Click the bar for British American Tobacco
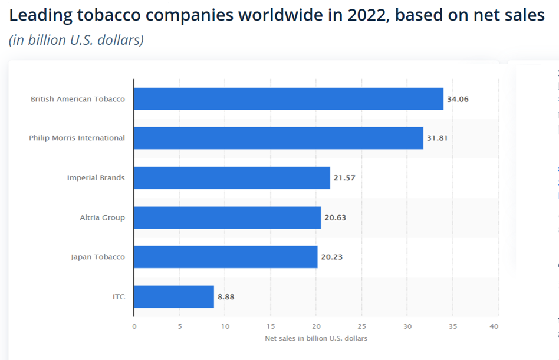[288, 99]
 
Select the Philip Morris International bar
[278, 138]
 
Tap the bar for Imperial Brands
[232, 177]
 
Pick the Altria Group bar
[227, 217]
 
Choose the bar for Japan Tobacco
[225, 257]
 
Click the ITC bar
[174, 296]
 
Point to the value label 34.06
[458, 99]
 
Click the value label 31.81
[438, 138]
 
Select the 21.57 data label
[344, 178]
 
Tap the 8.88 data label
[226, 297]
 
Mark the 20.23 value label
[332, 257]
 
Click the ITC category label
[119, 297]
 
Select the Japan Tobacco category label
[98, 257]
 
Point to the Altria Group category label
[103, 217]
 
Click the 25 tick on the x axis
[361, 326]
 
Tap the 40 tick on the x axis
[494, 326]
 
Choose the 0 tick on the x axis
[134, 326]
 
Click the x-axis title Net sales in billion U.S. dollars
[315, 338]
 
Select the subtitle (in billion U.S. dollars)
[76, 40]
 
